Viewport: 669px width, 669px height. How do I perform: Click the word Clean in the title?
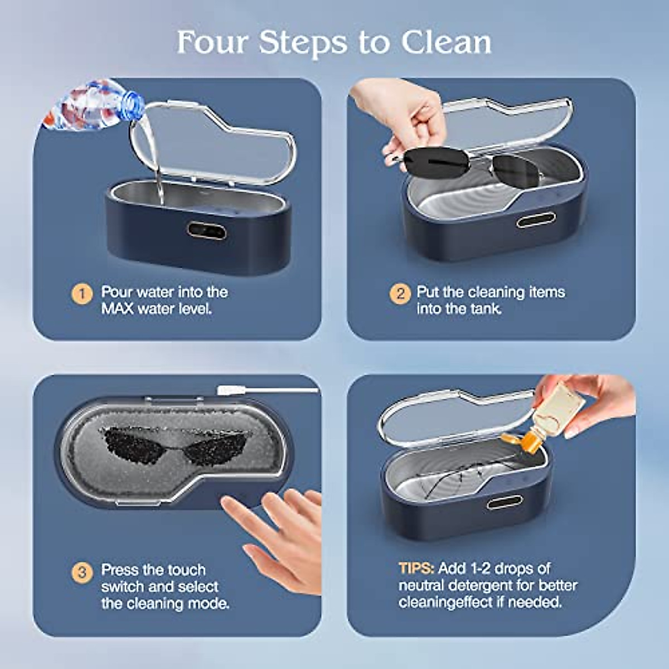click(x=446, y=42)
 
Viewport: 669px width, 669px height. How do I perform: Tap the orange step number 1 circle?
click(x=82, y=294)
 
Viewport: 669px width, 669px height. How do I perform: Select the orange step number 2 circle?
click(x=400, y=294)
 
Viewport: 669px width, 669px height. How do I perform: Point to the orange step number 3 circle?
click(x=82, y=573)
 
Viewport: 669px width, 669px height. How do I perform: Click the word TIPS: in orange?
click(x=416, y=569)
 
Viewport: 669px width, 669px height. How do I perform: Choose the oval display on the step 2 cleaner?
click(x=534, y=221)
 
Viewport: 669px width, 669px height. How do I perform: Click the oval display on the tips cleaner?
click(x=504, y=502)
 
